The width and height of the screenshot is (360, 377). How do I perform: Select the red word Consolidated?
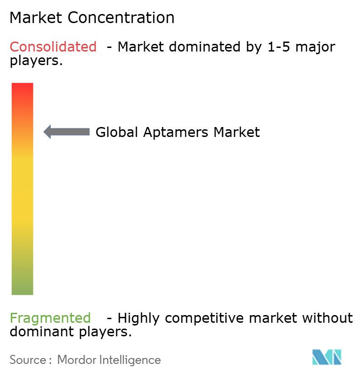pos(53,47)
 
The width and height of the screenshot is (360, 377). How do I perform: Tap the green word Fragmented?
pos(50,318)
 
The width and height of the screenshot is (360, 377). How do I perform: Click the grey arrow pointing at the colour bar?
pos(66,132)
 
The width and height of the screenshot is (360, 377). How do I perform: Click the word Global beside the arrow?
pos(118,132)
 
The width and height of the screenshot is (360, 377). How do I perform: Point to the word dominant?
pos(37,332)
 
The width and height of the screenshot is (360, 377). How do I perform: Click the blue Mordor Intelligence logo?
pos(327,357)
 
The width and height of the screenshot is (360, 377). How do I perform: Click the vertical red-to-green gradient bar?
pos(22,188)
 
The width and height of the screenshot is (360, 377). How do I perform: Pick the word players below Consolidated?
pos(35,61)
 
